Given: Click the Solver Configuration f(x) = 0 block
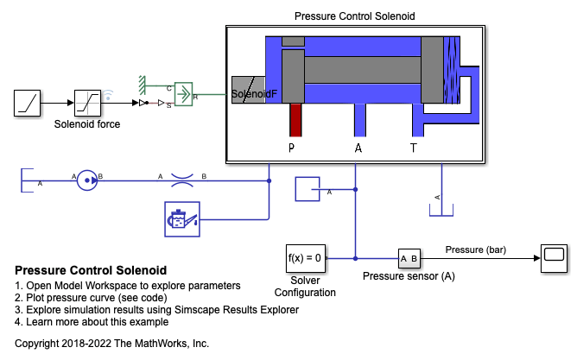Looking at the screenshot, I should [304, 257].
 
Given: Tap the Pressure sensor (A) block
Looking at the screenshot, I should [409, 258].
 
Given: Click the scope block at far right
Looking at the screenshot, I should [553, 258].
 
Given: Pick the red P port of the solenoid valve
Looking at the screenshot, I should [296, 119].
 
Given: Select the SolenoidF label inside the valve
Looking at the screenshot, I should [254, 94].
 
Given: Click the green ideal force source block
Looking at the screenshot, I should [182, 92].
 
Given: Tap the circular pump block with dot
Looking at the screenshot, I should [87, 180].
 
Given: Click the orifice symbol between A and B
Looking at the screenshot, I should [181, 180].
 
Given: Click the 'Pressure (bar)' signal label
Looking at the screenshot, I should [475, 250].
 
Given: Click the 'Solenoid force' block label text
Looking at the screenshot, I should [87, 124].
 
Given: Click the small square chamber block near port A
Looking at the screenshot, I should [308, 189].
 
